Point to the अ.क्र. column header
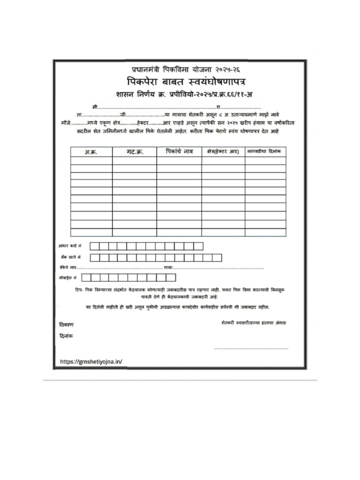point(91,152)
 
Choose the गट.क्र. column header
point(135,152)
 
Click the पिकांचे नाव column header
point(179,151)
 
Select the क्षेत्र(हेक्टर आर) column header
point(223,151)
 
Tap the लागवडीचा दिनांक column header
point(265,151)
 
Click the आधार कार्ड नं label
point(70,246)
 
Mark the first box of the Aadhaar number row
point(94,246)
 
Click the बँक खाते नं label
point(70,257)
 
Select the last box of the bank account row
point(217,257)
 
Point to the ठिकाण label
point(66,324)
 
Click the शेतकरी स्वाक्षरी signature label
point(256,323)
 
